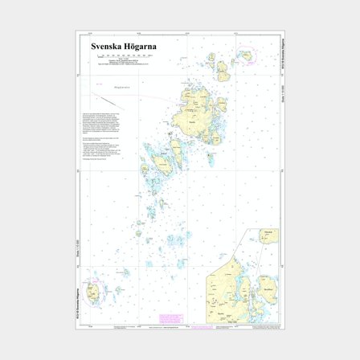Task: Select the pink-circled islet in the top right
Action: (243, 56)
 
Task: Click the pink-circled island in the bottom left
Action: (94, 292)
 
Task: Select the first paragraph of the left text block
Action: (101, 120)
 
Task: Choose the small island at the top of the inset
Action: (268, 236)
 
